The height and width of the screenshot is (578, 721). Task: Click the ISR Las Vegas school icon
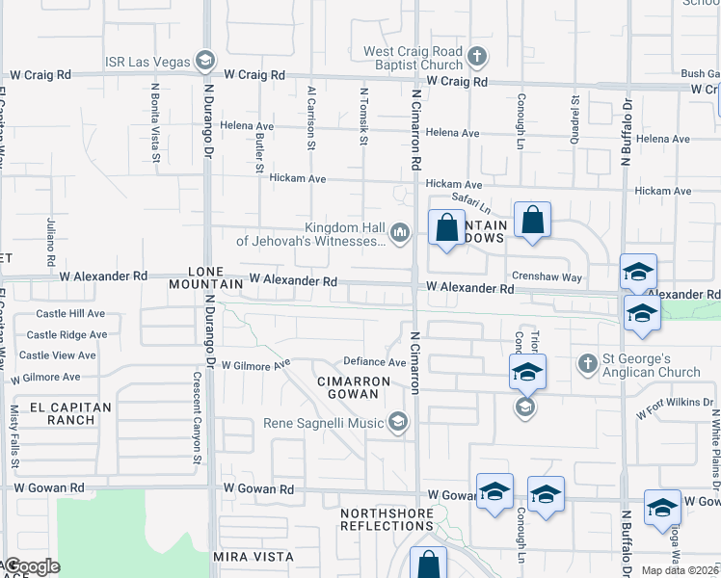point(204,62)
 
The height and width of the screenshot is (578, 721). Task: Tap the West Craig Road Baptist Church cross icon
point(476,58)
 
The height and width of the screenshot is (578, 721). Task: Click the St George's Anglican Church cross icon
point(586,363)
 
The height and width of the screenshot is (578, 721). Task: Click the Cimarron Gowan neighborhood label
point(353,388)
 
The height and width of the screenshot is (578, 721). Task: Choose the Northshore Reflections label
point(387,520)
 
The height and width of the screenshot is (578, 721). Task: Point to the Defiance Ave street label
point(376,362)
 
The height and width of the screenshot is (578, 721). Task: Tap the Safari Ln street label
point(473,204)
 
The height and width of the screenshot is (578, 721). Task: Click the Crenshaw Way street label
point(547,276)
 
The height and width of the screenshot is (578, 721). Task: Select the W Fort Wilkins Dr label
point(675,408)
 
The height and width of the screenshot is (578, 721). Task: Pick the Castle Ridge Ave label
point(67,334)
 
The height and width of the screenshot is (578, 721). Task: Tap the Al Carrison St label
point(311,119)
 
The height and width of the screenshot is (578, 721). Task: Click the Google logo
point(32,566)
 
